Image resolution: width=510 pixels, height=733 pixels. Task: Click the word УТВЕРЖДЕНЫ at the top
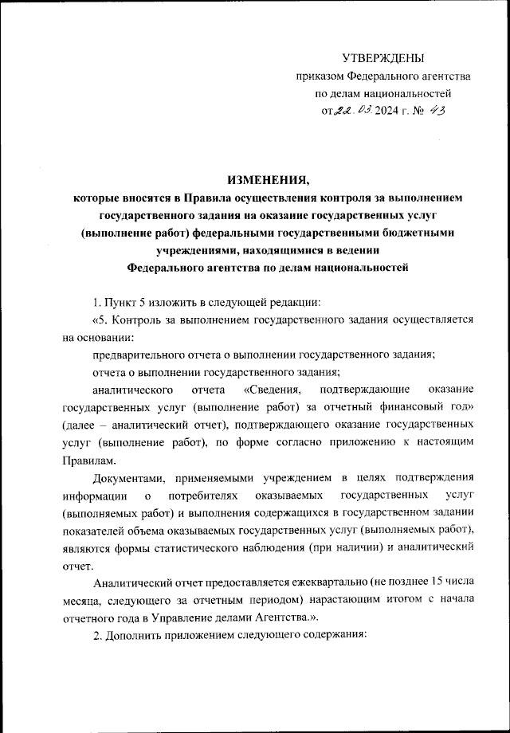(x=382, y=58)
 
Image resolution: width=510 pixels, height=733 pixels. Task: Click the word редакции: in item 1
(x=293, y=302)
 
